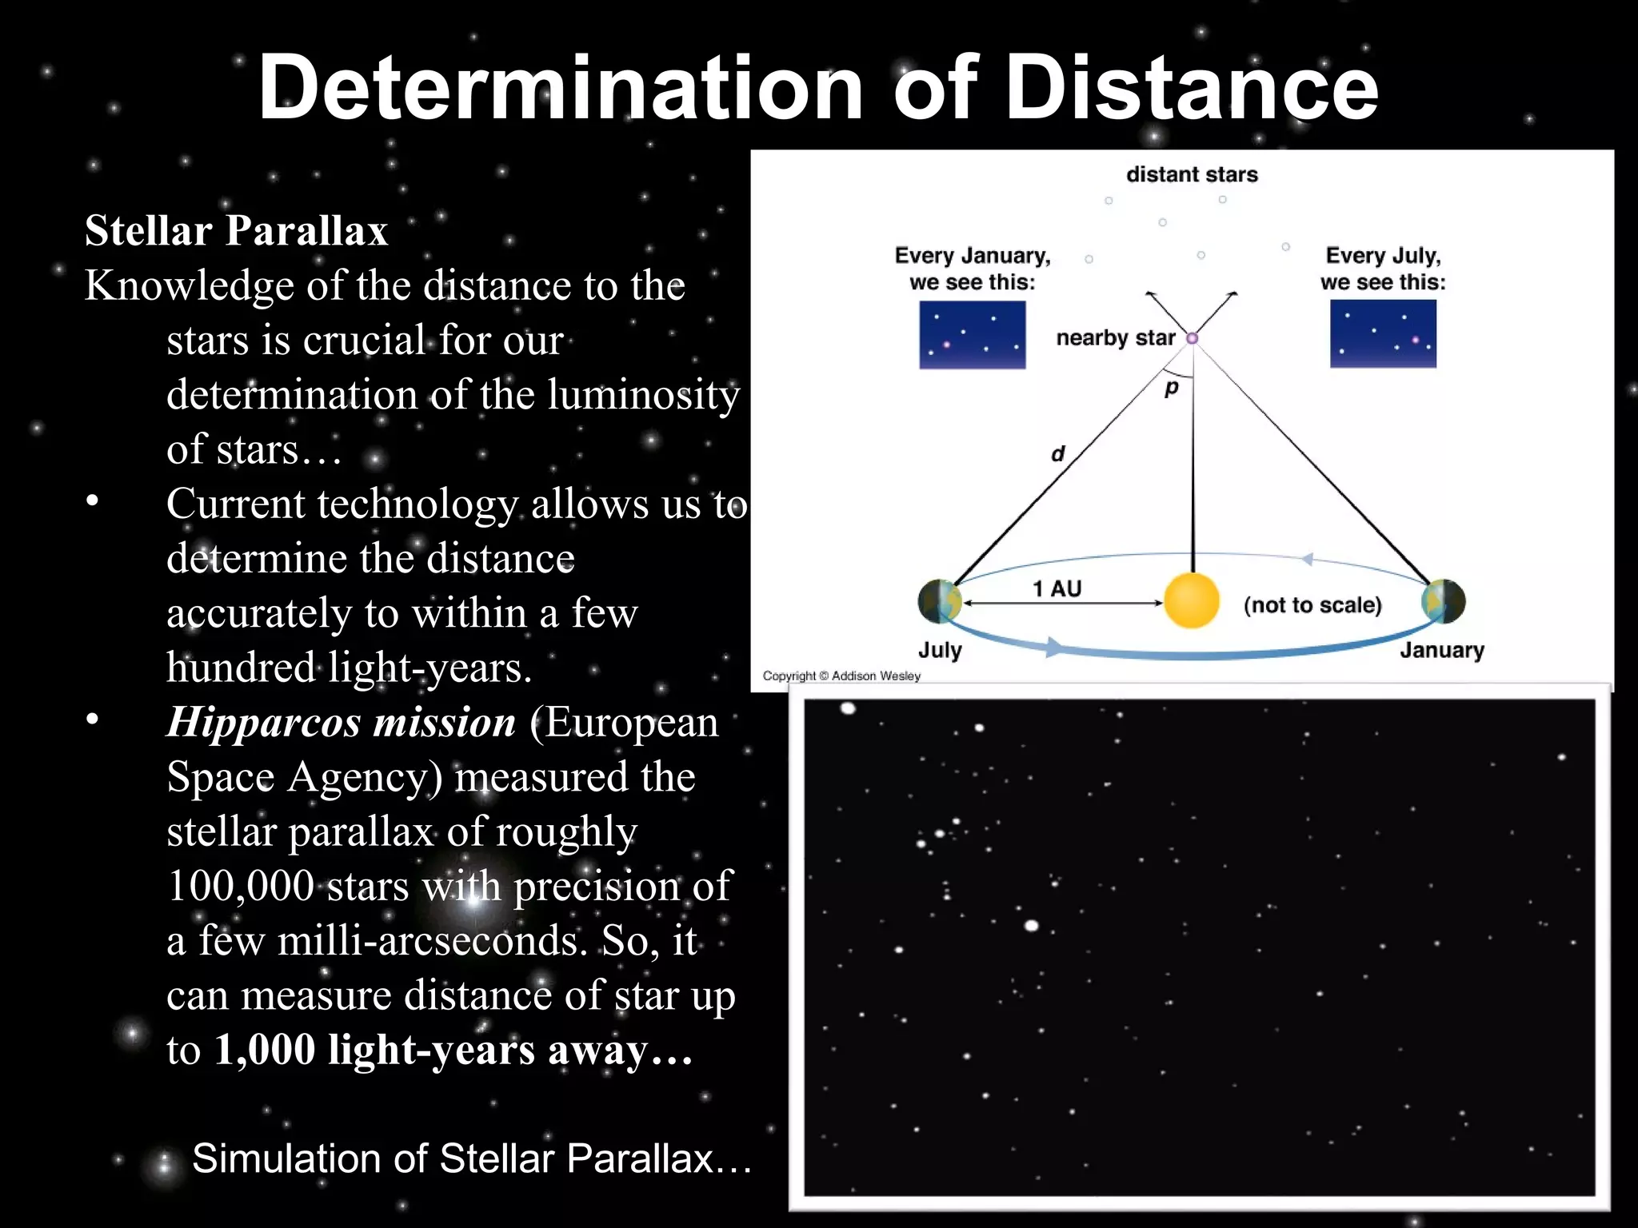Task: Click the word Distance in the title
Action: pyautogui.click(x=1192, y=88)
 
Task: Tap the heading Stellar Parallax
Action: pyautogui.click(x=236, y=231)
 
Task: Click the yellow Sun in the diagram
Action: pyautogui.click(x=1192, y=600)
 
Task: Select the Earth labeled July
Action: pyautogui.click(x=940, y=601)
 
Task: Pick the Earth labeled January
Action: pyautogui.click(x=1444, y=601)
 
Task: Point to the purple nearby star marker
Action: pyautogui.click(x=1192, y=338)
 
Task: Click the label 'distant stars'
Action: pyautogui.click(x=1192, y=174)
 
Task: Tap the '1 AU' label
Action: pyautogui.click(x=1057, y=589)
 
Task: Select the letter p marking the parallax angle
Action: pyautogui.click(x=1172, y=389)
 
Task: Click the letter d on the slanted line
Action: pyautogui.click(x=1058, y=454)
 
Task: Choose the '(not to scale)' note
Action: pyautogui.click(x=1312, y=605)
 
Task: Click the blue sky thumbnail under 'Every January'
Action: pyautogui.click(x=972, y=334)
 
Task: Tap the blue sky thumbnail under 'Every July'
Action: pyautogui.click(x=1383, y=333)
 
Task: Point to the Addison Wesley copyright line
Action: pyautogui.click(x=841, y=676)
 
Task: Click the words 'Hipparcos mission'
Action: pyautogui.click(x=342, y=722)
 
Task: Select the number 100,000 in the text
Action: pyautogui.click(x=241, y=886)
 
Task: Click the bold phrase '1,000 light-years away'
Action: pyautogui.click(x=453, y=1050)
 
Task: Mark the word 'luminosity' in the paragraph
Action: pyautogui.click(x=643, y=395)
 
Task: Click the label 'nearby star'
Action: pyautogui.click(x=1116, y=338)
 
